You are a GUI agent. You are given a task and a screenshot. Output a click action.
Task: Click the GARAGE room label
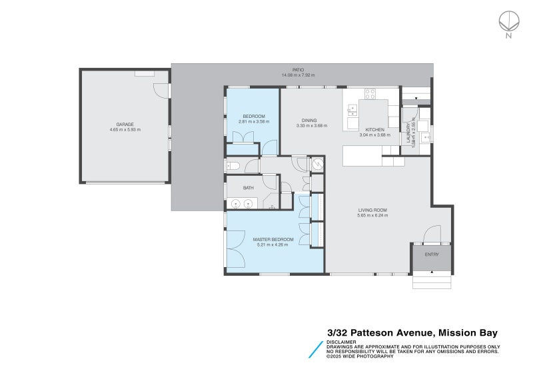point(125,124)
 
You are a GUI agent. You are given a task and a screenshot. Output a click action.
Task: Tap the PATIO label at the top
point(298,69)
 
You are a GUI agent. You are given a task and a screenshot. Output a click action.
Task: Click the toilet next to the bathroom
point(233,166)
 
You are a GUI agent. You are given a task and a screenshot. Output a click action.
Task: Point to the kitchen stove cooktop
point(370,94)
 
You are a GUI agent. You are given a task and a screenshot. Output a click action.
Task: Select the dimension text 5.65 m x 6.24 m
point(372,215)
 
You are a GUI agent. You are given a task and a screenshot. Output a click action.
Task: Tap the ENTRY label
point(432,254)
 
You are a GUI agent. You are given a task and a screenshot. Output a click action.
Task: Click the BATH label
point(248,188)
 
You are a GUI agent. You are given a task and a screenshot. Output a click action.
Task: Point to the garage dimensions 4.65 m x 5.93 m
point(125,129)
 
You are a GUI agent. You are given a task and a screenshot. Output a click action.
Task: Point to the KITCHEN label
point(374,130)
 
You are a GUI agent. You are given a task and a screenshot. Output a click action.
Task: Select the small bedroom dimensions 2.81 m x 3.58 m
point(253,122)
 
